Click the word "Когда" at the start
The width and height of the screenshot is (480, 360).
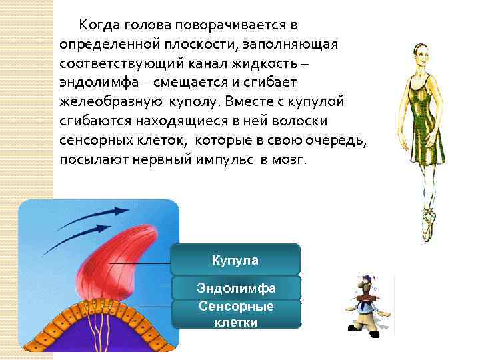[x=99, y=25]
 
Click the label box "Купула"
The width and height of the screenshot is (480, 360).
[x=235, y=259]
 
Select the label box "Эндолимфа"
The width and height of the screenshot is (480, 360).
[x=235, y=288]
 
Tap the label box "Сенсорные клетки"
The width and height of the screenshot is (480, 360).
[x=235, y=313]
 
